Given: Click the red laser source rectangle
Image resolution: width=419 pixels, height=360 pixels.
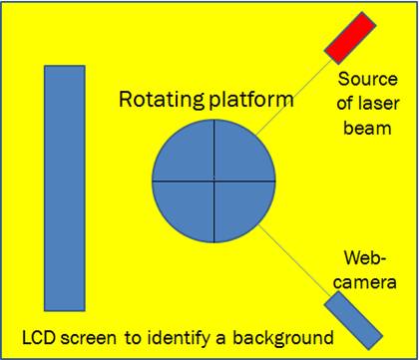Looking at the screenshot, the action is (x=350, y=38).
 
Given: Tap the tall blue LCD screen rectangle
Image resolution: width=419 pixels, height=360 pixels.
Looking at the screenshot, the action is (x=65, y=188).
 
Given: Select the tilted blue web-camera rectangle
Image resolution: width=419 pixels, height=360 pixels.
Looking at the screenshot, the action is (x=353, y=320).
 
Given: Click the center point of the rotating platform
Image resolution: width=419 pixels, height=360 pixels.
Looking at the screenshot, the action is (x=213, y=180).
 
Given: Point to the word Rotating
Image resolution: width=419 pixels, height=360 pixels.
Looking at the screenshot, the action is (x=161, y=99).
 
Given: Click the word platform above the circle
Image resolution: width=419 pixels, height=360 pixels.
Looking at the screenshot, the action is (x=249, y=100).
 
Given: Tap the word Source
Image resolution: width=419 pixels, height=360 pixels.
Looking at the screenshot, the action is (x=368, y=80).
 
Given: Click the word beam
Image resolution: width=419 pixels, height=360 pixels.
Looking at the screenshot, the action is (x=367, y=128).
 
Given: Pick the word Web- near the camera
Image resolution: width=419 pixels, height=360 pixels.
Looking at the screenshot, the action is (x=365, y=258).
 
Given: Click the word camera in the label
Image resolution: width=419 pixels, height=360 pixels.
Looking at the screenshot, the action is (x=365, y=282).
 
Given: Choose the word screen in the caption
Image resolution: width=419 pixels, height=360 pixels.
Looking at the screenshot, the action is (x=89, y=339).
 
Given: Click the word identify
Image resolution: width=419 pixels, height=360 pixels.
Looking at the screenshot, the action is (x=176, y=339).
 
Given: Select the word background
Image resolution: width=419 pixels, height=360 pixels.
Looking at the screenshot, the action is (x=282, y=339).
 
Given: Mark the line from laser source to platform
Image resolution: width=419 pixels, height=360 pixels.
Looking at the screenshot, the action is (x=294, y=98).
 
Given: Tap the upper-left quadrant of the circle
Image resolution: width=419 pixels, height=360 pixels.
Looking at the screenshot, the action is (x=189, y=156).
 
